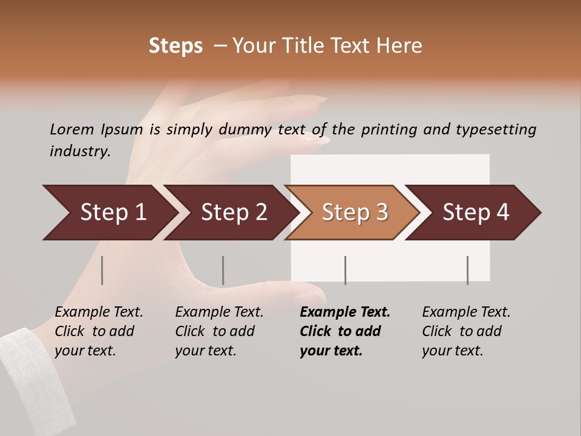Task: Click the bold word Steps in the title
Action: [176, 46]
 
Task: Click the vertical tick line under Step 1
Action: [102, 270]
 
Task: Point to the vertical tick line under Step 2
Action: [223, 270]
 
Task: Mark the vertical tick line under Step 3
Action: [346, 270]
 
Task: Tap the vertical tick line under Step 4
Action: [467, 270]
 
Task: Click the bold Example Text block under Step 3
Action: [345, 331]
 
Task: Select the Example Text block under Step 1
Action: [99, 331]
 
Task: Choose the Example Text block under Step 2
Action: [219, 331]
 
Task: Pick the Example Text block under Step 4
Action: [466, 331]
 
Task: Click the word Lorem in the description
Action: [72, 130]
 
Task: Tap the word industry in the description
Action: [80, 151]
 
